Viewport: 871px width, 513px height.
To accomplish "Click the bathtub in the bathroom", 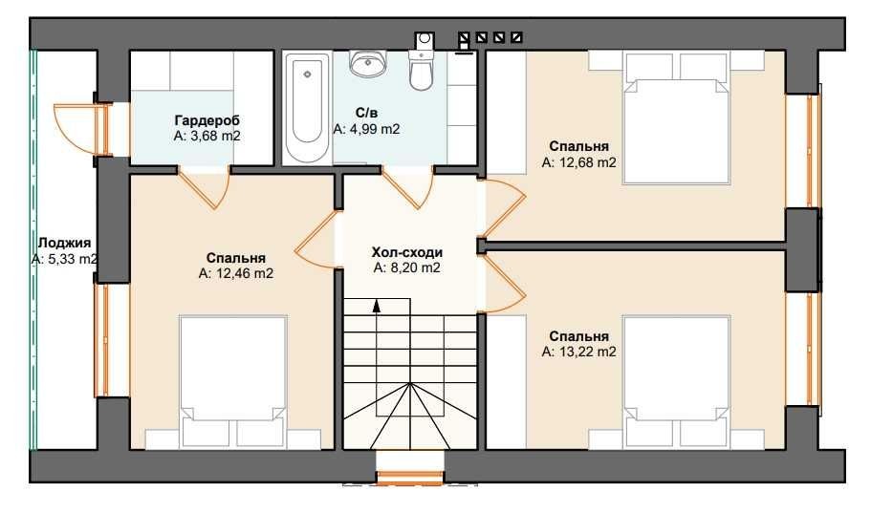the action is (x=307, y=109).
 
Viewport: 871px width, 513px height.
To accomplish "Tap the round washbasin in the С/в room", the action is (x=368, y=62).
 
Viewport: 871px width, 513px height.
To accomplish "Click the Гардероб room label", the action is (x=207, y=120).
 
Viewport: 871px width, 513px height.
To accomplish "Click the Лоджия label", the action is (x=64, y=244).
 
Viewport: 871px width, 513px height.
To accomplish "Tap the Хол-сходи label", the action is (x=407, y=252).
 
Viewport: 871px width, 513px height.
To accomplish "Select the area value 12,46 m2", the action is (x=243, y=274).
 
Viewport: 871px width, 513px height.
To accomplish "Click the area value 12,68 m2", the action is (x=586, y=162).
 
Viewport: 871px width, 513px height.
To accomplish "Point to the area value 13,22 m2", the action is (x=586, y=352).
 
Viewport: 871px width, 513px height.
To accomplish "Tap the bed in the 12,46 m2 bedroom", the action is (x=233, y=381).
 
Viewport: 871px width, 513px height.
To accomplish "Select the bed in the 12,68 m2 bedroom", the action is (x=676, y=118).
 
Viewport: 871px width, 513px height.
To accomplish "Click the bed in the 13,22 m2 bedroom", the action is (x=676, y=381).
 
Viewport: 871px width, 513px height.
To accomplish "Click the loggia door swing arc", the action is (x=67, y=129).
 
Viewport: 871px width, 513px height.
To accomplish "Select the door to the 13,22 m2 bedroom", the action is (x=503, y=283).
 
